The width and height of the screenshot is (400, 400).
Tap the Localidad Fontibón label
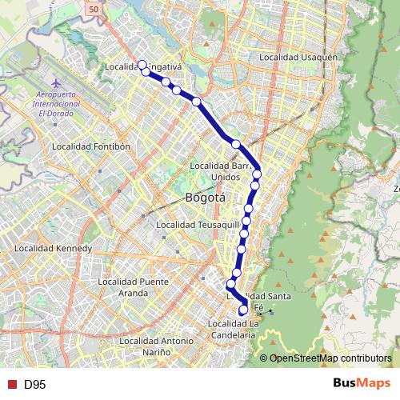point(85,146)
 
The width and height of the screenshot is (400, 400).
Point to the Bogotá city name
point(205,198)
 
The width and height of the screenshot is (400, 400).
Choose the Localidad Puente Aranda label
point(132,286)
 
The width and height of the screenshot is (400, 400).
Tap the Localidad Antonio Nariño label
point(155,346)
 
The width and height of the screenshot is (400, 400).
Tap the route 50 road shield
point(94,8)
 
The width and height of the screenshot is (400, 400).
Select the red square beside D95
point(11,384)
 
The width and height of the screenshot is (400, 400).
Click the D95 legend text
point(34,384)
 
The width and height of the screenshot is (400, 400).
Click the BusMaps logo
point(362,383)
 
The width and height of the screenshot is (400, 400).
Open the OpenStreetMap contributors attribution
point(330,358)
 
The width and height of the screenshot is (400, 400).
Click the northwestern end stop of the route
point(142,65)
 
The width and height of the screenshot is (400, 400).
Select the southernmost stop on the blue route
point(244,310)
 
